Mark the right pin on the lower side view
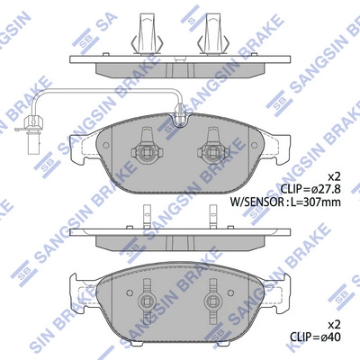pos(214,216)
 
